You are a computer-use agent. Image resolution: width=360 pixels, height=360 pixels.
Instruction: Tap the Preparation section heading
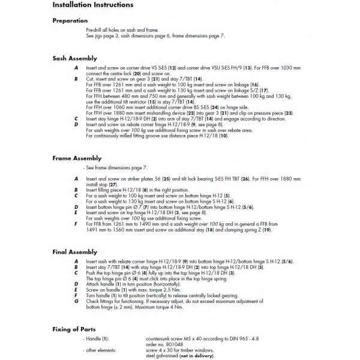click(70, 21)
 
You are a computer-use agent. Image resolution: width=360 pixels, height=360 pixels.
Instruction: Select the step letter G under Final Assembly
click(76, 301)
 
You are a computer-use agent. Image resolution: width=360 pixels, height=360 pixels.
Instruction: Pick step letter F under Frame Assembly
click(76, 224)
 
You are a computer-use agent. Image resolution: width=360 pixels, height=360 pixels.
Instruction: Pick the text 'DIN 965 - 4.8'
click(242, 339)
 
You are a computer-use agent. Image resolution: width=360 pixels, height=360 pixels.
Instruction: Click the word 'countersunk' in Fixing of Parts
click(160, 339)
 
